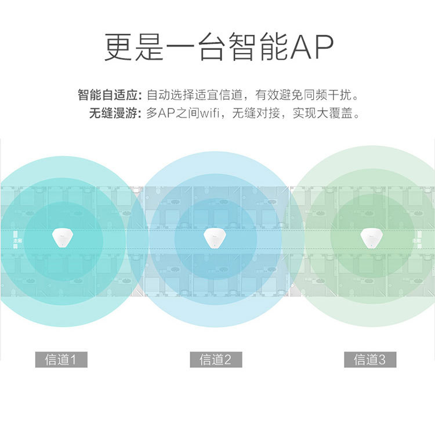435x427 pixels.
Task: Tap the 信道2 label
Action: [216, 360]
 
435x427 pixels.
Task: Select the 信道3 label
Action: [370, 360]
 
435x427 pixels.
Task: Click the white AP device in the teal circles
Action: [61, 237]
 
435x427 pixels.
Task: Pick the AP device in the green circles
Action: [369, 237]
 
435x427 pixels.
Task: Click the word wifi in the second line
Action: [213, 113]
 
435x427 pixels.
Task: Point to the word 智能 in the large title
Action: [260, 46]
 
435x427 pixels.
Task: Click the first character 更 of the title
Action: [119, 46]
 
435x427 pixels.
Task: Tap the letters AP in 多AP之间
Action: [165, 113]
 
